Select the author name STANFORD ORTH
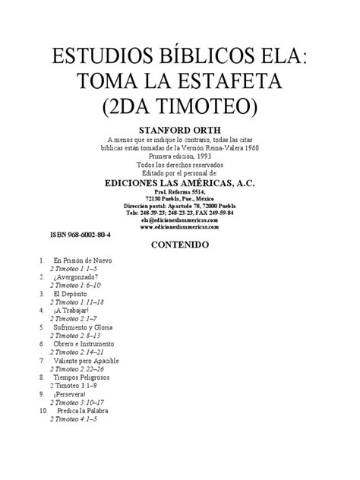180,129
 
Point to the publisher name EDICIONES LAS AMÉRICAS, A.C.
179,182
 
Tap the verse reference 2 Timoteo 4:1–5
74,418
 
